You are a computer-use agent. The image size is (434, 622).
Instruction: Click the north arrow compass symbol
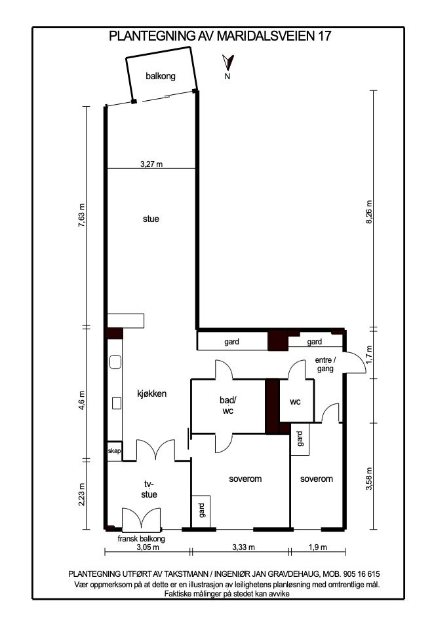(x=227, y=64)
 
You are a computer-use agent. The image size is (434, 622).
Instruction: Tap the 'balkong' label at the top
(x=161, y=77)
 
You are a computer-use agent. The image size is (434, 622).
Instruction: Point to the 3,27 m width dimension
(x=151, y=164)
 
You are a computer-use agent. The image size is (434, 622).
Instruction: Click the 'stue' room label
(x=151, y=219)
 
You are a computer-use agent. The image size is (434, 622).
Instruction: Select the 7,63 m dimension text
(x=82, y=215)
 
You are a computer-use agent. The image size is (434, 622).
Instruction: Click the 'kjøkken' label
(x=152, y=394)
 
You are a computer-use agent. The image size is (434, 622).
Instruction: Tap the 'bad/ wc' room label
(x=227, y=405)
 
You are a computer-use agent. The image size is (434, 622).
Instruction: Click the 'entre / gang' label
(x=325, y=365)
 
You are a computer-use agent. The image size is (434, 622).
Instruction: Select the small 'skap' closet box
(x=114, y=451)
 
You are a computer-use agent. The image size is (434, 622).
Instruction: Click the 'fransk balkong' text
(x=141, y=539)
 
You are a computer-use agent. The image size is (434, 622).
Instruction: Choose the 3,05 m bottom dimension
(x=148, y=547)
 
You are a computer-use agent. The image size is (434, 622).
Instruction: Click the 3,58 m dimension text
(x=369, y=476)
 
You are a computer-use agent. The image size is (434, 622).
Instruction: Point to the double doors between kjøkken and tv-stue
(x=155, y=451)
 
